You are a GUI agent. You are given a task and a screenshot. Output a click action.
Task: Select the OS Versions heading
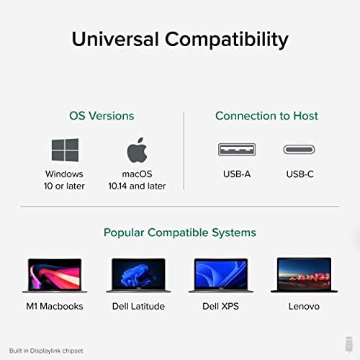pos(102,115)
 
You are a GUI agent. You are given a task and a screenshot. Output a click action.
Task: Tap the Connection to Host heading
pos(266,115)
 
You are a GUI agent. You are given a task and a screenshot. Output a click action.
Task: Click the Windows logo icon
pos(64,150)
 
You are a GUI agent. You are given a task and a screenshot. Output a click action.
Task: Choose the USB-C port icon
pos(300,150)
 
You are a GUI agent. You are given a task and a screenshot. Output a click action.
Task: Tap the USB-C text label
pos(300,174)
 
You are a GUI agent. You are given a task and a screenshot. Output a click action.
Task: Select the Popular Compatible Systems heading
pos(180,233)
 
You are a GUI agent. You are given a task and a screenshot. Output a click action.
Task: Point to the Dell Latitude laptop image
pos(138,274)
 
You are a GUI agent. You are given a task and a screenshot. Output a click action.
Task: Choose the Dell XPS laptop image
pos(221,274)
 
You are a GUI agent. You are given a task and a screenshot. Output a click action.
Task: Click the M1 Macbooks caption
pos(55,306)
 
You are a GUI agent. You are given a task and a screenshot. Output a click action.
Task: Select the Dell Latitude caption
pos(138,306)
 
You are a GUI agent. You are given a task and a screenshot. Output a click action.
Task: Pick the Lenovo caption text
pos(305,306)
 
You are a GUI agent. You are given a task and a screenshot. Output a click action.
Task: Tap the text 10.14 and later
pos(137,186)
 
